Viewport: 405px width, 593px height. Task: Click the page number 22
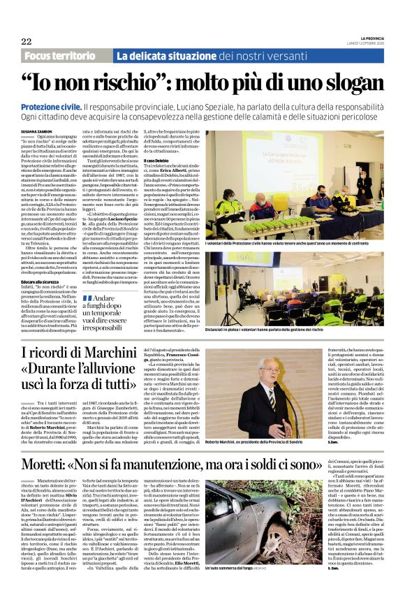pyautogui.click(x=27, y=41)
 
